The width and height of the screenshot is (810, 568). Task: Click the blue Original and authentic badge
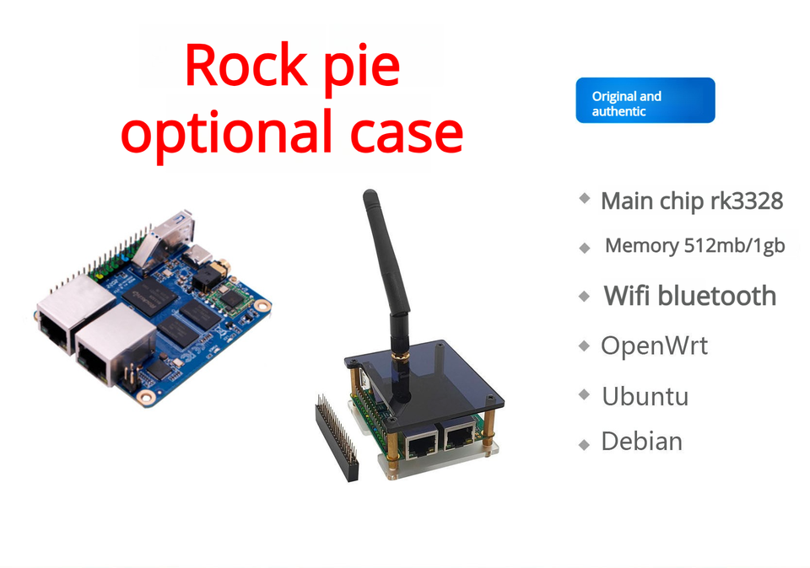pos(645,100)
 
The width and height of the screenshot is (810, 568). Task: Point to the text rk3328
pos(740,201)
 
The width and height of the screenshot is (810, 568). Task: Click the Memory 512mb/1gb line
pos(694,246)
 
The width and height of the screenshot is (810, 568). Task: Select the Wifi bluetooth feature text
pos(689,296)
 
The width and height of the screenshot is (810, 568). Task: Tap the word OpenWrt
pos(654,346)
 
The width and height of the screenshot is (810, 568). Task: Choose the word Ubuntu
pos(645,396)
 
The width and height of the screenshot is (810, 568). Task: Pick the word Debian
pos(641,442)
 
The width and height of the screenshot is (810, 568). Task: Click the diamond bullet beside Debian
pos(584,443)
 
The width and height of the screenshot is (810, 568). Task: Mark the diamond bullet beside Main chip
pos(584,199)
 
